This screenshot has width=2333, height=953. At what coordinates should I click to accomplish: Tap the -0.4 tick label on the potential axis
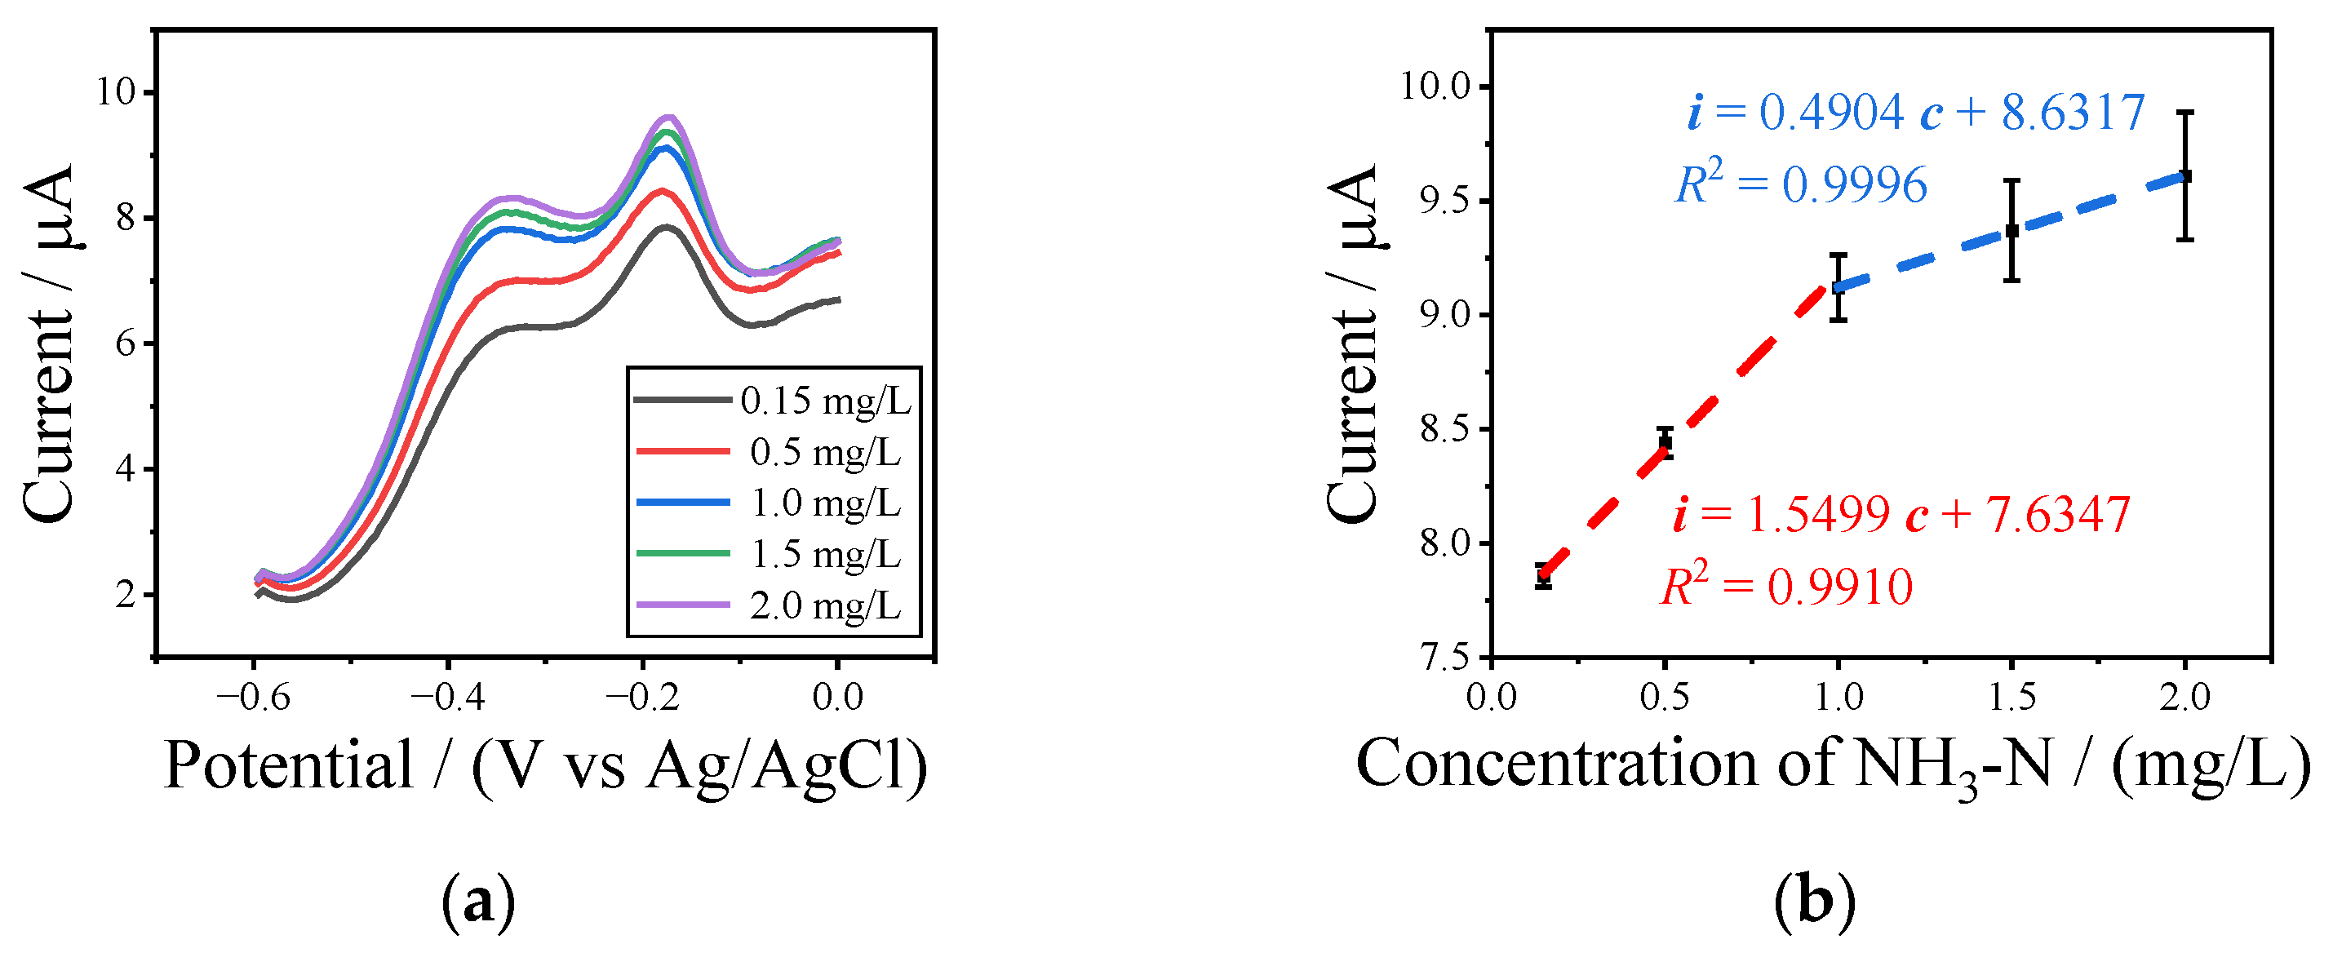point(447,698)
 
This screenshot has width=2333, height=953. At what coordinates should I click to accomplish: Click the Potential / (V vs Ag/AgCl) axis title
point(545,765)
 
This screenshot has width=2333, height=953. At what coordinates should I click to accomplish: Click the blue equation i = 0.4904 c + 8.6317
point(1914,113)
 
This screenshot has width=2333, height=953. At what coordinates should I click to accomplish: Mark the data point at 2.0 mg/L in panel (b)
point(2184,175)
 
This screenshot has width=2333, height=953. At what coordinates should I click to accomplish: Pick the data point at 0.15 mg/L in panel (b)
point(1543,574)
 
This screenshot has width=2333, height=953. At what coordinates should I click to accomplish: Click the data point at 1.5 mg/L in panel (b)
point(2011,230)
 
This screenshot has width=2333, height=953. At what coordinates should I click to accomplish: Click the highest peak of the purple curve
point(669,117)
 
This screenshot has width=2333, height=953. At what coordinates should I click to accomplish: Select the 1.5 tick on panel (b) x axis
point(2011,698)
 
